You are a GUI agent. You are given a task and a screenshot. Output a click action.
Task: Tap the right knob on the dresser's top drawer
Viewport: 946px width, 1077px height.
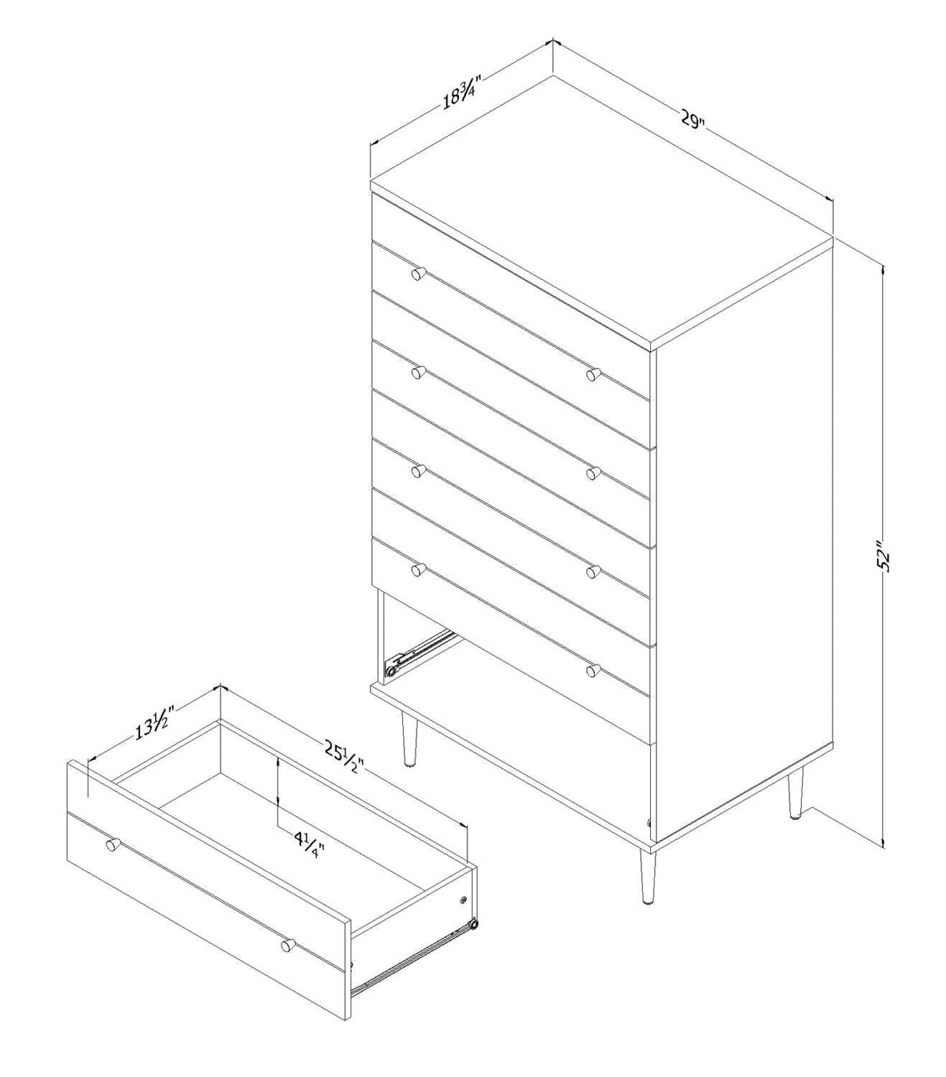coord(593,374)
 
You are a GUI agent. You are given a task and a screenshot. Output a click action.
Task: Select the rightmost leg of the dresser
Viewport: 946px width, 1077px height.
coord(794,794)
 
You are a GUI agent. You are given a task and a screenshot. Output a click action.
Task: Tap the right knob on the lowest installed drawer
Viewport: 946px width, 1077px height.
coord(593,670)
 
